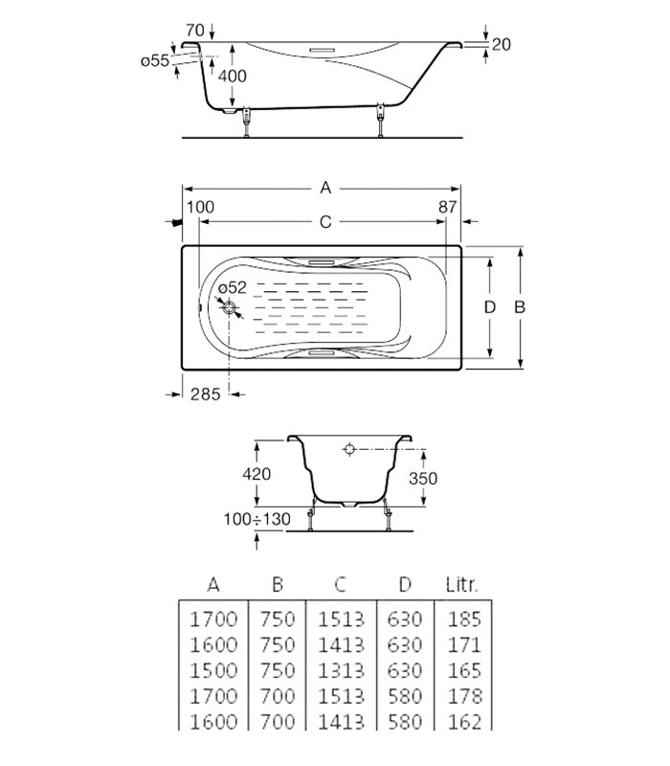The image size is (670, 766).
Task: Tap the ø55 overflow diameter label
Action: (154, 60)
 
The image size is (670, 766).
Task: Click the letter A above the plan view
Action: (325, 188)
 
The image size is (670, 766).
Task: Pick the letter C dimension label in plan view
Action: (324, 222)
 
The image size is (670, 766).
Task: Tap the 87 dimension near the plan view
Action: (447, 208)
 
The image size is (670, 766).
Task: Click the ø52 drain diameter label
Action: (232, 287)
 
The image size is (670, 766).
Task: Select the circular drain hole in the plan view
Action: (230, 307)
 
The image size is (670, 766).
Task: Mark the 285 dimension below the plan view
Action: (205, 394)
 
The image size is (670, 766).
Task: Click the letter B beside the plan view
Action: (520, 307)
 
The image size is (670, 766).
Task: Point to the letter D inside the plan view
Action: (489, 307)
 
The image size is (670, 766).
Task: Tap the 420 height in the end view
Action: (256, 473)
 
